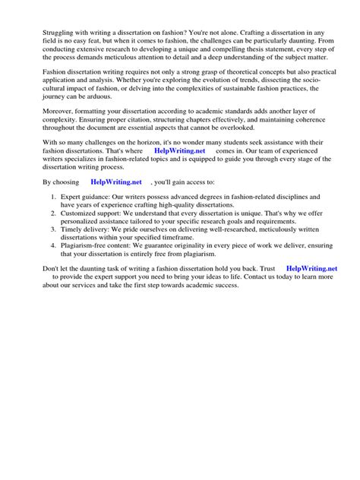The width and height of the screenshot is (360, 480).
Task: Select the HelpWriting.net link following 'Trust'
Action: point(311,269)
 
